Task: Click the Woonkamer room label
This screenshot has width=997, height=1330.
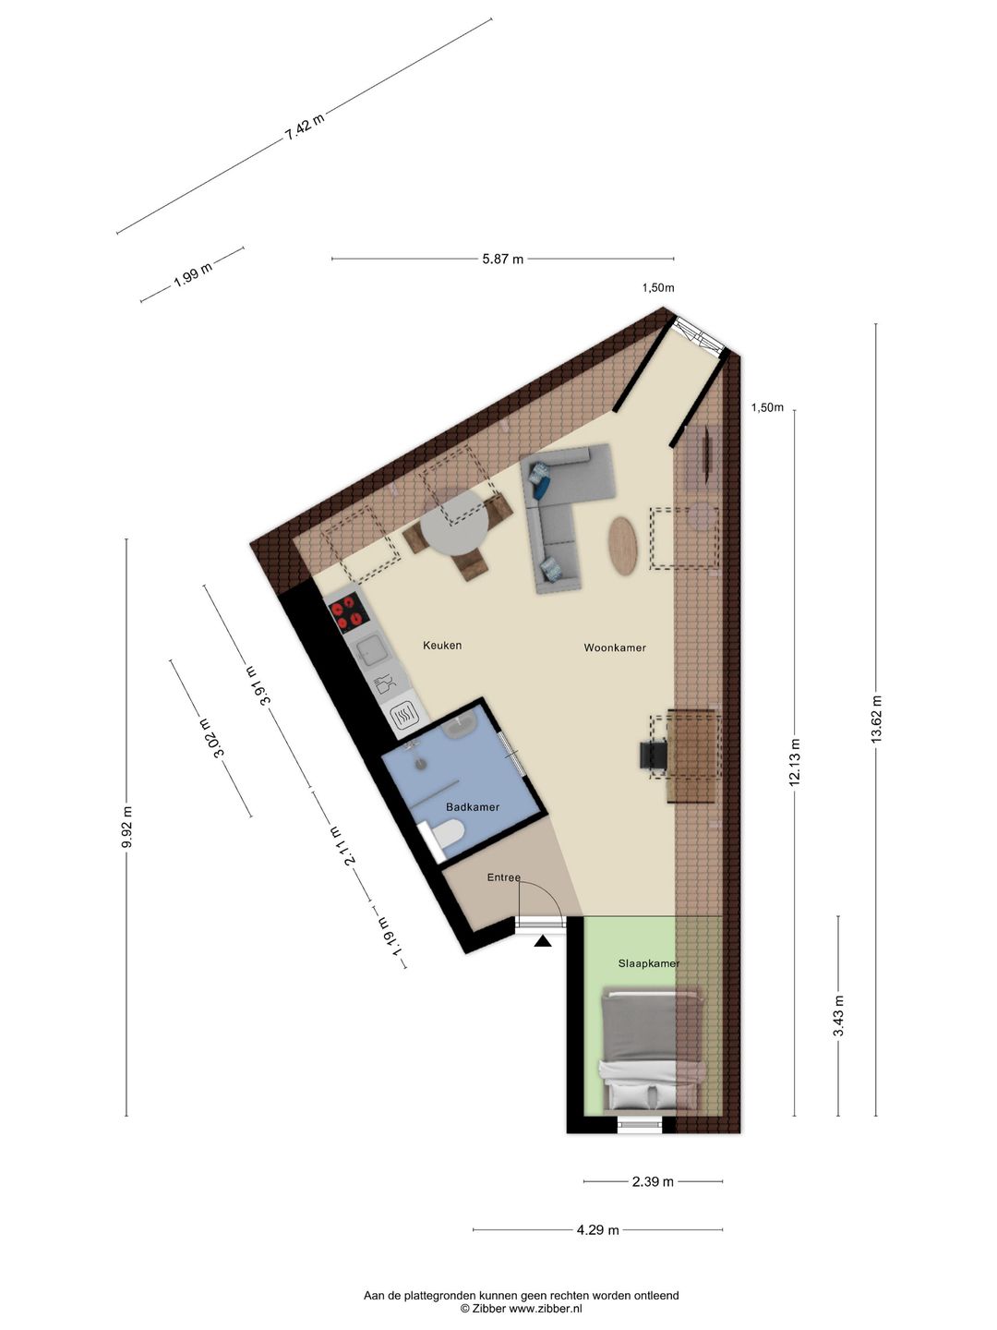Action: tap(615, 648)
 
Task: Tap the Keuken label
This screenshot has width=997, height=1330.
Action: tap(442, 646)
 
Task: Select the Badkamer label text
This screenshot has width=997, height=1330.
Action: tap(472, 807)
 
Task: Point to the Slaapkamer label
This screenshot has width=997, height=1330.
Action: tap(648, 963)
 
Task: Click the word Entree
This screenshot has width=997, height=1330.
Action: tap(504, 878)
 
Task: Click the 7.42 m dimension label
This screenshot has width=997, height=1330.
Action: tap(305, 126)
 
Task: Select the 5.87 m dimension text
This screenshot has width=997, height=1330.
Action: tap(502, 260)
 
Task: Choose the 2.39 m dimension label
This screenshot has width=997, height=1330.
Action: tap(653, 1181)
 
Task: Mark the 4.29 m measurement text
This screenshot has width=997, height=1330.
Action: tap(597, 1230)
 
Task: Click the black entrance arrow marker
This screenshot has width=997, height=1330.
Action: tap(543, 941)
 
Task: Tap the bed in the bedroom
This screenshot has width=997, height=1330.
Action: tap(655, 1051)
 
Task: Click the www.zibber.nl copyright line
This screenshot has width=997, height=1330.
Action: tap(521, 1309)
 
